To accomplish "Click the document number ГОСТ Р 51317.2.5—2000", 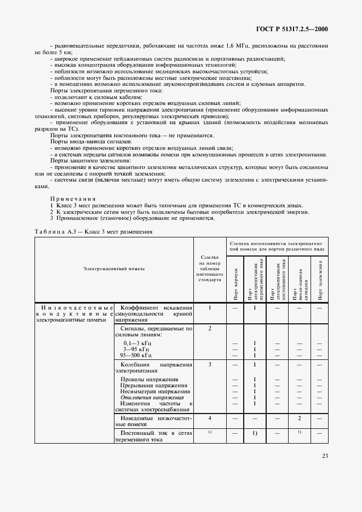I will (x=296, y=29).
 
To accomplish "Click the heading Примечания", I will (x=73, y=199).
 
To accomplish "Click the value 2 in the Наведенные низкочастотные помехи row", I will (x=299, y=418).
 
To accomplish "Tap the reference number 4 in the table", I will (x=210, y=418).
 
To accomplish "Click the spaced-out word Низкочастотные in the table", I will (x=74, y=309).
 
